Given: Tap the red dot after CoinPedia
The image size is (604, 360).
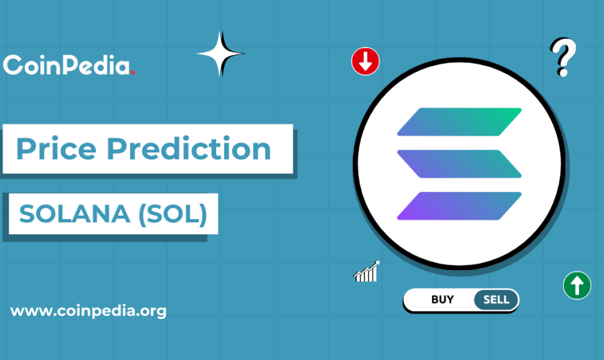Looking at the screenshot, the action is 132,73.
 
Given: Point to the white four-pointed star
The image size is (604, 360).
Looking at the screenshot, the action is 220,54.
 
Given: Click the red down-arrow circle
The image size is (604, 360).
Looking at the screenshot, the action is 365,61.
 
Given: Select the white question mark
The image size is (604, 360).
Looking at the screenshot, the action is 563,57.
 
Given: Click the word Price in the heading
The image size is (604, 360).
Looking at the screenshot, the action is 56,149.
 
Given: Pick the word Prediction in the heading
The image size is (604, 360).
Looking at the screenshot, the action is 189,148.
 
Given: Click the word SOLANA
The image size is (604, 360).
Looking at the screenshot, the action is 74,214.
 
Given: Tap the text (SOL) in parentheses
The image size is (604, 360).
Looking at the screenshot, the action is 173,214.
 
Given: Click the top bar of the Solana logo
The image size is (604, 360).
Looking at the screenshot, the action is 459,122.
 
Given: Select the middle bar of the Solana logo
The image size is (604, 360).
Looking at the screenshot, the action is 459,164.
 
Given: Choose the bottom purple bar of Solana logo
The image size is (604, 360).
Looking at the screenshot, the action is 459,206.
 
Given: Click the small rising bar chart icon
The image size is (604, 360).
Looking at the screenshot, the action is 366,271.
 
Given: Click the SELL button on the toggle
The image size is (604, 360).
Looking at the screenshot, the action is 496,300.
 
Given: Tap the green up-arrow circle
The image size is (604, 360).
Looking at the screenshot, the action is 577,285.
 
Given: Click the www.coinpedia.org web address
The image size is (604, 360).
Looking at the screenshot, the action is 89,311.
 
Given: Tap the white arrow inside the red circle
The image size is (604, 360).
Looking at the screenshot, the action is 365,62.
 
